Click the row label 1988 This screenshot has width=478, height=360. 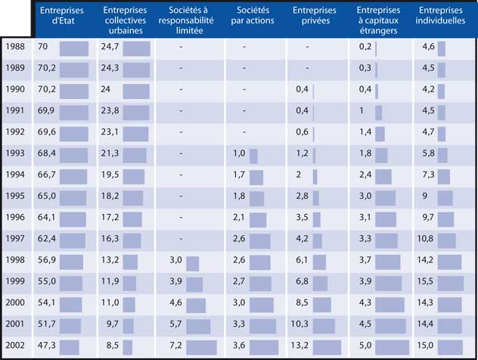[x=15, y=47]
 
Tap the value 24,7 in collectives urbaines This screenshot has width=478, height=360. [x=110, y=47]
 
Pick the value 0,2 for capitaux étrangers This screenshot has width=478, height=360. [x=365, y=47]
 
